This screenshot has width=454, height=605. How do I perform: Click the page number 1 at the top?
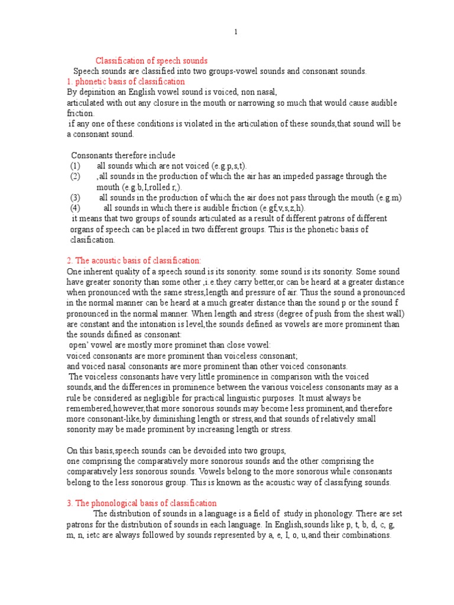pyautogui.click(x=235, y=32)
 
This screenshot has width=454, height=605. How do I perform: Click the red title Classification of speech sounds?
pyautogui.click(x=152, y=61)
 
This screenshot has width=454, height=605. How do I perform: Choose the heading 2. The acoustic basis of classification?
pyautogui.click(x=134, y=261)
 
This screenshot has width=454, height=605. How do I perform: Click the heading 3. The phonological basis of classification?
pyautogui.click(x=141, y=503)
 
